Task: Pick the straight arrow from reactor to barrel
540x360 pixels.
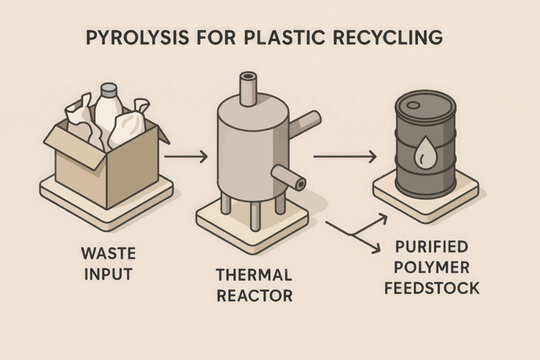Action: (344, 156)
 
